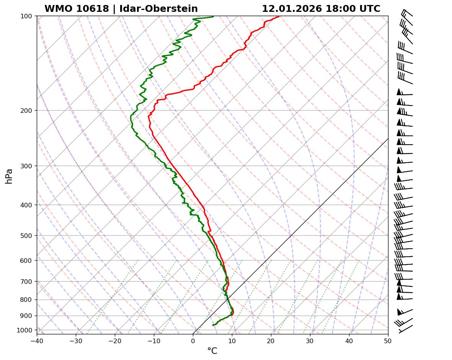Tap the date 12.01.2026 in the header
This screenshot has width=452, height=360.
point(292,9)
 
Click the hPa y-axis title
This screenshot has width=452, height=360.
point(9,176)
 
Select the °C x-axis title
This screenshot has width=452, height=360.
point(212,351)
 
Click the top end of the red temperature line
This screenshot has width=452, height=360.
point(279,16)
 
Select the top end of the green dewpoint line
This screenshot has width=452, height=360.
point(213,16)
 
